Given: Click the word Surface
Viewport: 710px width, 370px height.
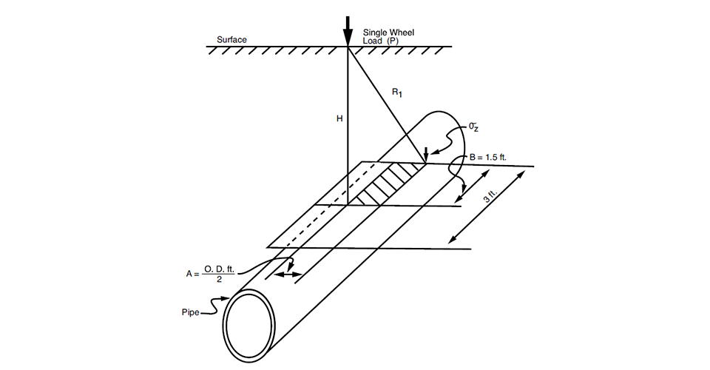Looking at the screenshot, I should pyautogui.click(x=231, y=39).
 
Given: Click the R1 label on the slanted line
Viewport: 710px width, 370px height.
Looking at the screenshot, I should pyautogui.click(x=397, y=93).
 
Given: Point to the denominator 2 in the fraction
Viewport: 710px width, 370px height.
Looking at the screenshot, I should pyautogui.click(x=220, y=280).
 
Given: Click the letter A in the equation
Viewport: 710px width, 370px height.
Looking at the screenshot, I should pyautogui.click(x=189, y=274).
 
